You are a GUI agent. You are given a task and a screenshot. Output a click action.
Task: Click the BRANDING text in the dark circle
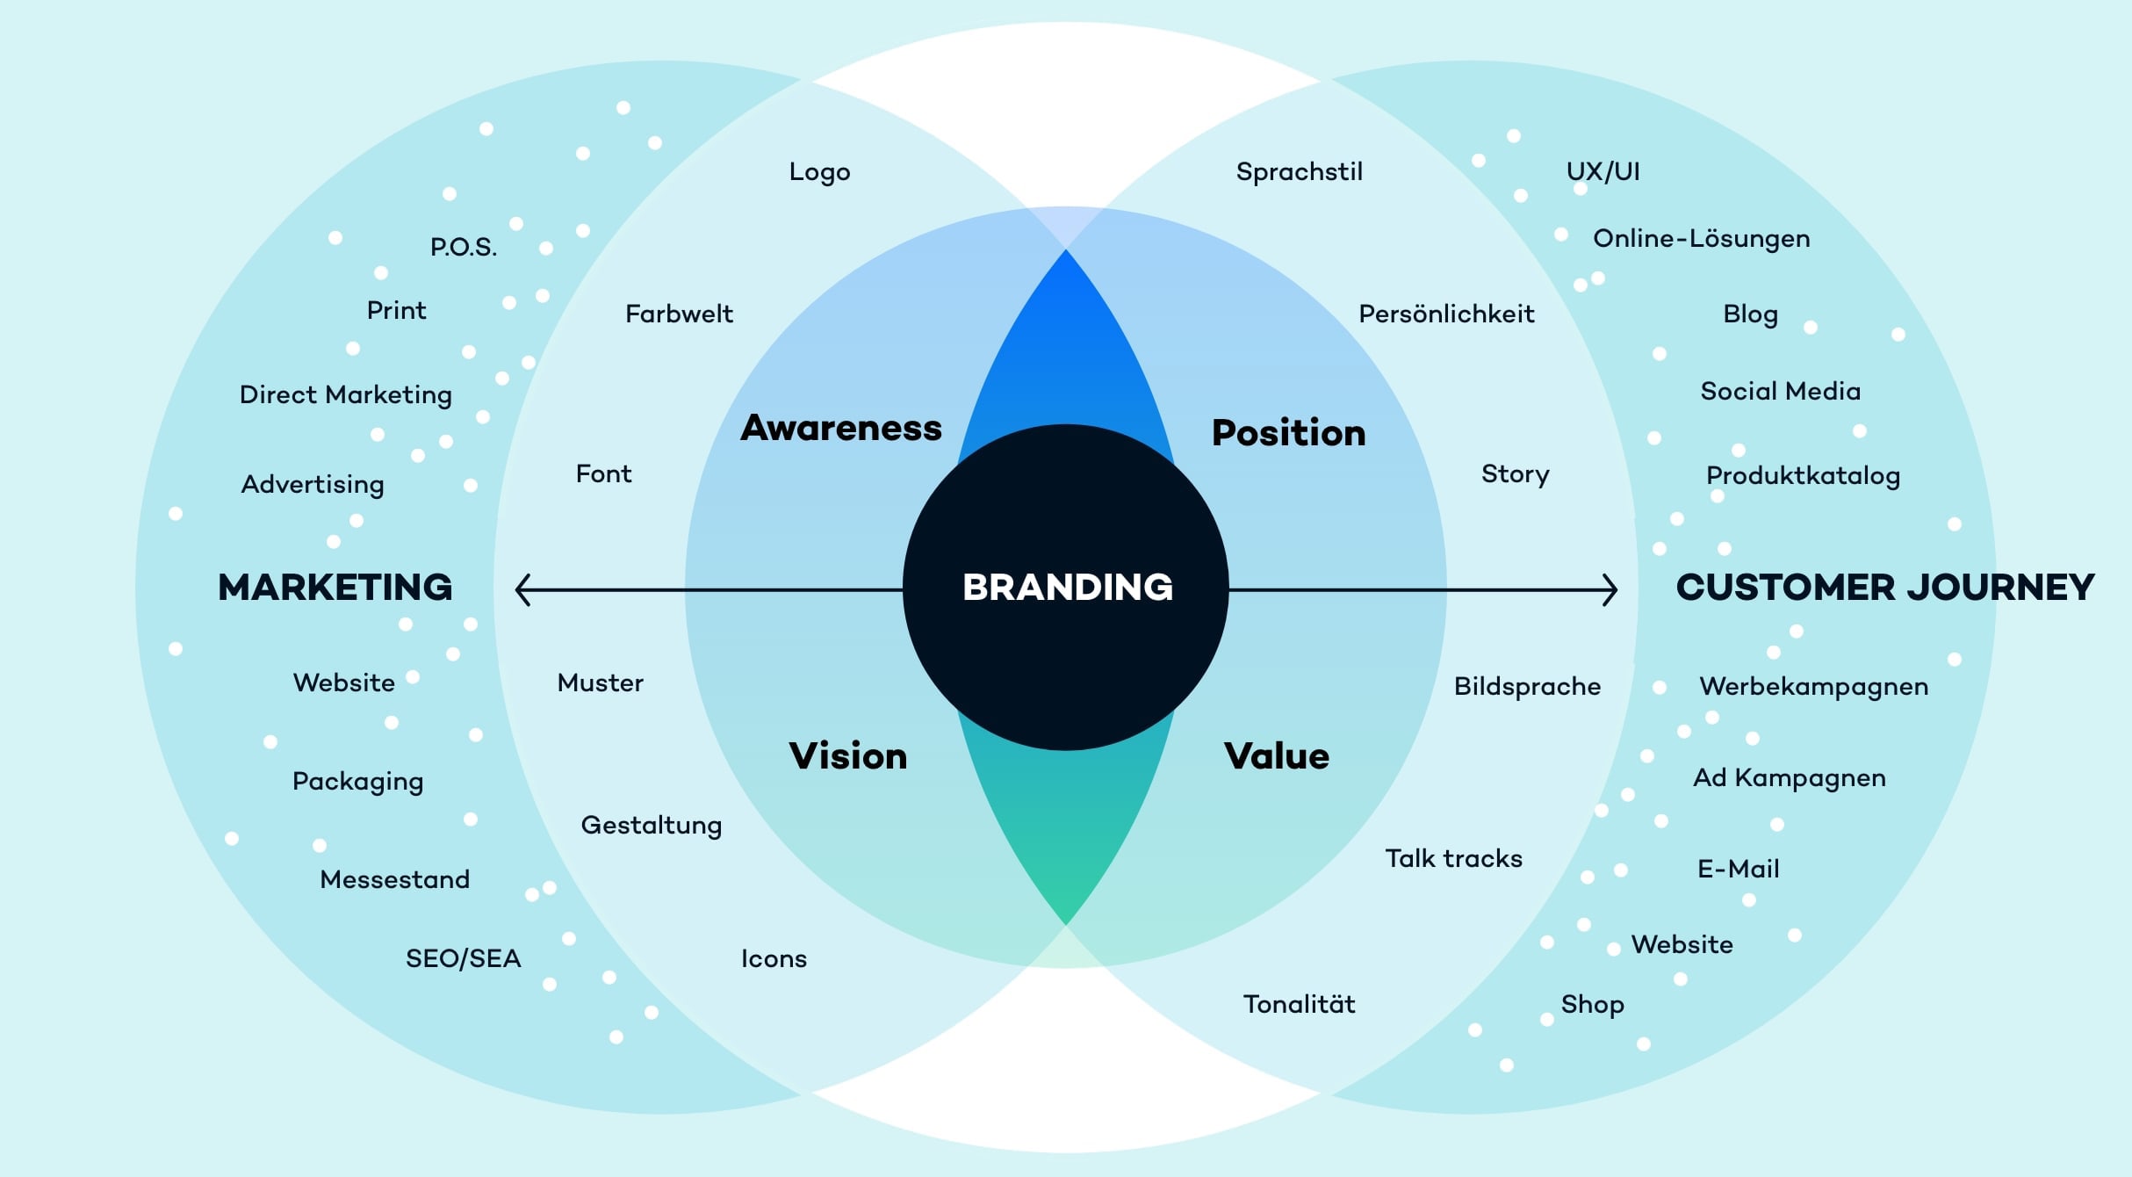[x=1067, y=587]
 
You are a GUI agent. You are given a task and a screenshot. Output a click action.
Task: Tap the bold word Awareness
[x=840, y=428]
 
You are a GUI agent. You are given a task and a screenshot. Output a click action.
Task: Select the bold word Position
[x=1288, y=433]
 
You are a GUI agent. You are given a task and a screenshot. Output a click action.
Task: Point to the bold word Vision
[x=847, y=756]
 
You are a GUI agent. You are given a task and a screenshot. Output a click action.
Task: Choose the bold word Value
[x=1277, y=756]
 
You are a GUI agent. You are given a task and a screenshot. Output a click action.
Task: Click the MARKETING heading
[x=335, y=587]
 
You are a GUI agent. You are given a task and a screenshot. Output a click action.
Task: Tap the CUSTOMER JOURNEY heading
[x=1884, y=587]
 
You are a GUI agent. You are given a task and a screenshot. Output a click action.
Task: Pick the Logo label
[x=819, y=172]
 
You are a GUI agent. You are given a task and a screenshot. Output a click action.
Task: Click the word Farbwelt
[x=679, y=314]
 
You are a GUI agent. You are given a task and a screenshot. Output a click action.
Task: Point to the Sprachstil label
[x=1299, y=172]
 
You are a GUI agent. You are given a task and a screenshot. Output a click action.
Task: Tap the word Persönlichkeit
[x=1446, y=314]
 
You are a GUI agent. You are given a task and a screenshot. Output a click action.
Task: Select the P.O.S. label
[x=463, y=248]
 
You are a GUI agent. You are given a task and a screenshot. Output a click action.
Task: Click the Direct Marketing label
[x=345, y=395]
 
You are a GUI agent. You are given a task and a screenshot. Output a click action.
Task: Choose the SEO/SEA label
[x=463, y=958]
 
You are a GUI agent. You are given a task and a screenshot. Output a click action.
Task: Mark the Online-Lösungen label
[x=1701, y=239]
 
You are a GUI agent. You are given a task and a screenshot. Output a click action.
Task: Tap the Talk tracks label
[x=1453, y=858]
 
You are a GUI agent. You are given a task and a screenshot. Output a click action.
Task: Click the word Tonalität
[x=1299, y=1004]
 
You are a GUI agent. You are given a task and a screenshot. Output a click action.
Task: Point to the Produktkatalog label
[x=1803, y=476]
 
